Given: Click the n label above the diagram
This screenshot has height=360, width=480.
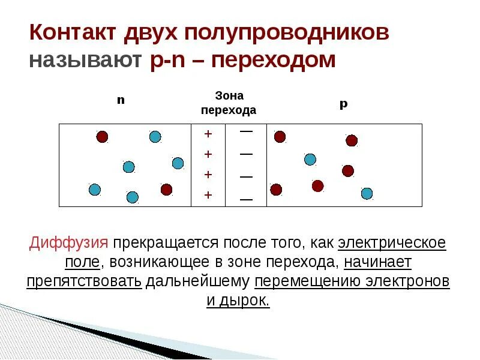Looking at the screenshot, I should tap(121, 100).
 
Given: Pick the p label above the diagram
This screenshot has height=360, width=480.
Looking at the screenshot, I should tap(343, 104).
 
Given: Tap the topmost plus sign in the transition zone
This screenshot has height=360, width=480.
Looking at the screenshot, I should tap(208, 134).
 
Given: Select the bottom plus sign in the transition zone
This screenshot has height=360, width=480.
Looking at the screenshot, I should tap(208, 194).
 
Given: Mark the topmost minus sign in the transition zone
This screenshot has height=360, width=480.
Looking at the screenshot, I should tap(246, 131).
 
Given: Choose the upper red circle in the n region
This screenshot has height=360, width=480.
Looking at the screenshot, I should tap(102, 137).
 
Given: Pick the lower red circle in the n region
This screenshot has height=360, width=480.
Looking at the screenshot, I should tap(166, 190).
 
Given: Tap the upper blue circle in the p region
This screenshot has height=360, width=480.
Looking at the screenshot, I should tap(310, 159).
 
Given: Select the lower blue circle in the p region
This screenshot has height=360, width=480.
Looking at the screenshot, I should tap(367, 193).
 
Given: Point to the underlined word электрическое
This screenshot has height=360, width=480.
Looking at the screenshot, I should tap(392, 243).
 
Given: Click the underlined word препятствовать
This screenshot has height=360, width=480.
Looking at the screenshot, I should tap(84, 281).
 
